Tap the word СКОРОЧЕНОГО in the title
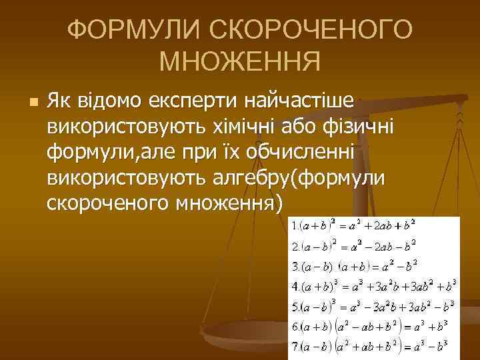[x=313, y=30]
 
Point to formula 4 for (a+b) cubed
[x=373, y=287]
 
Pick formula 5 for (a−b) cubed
[x=373, y=307]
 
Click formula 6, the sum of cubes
[x=373, y=327]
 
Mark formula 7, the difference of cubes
[x=373, y=347]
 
